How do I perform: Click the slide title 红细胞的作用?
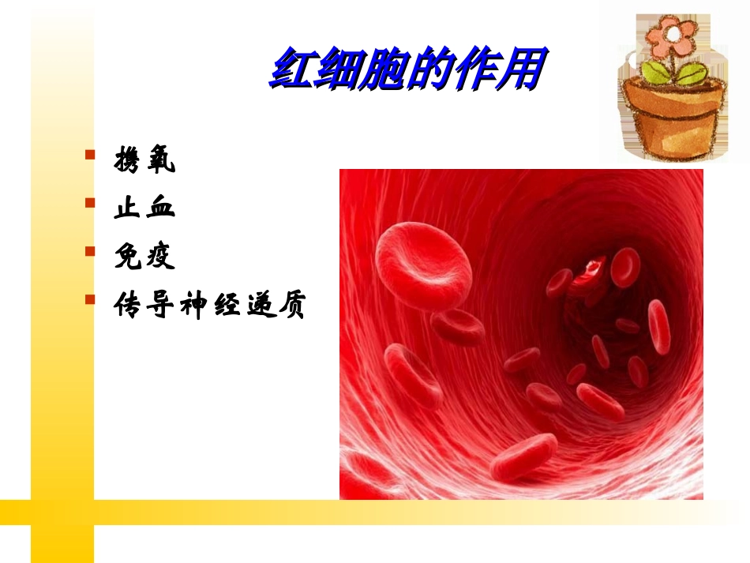point(407,70)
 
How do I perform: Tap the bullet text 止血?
point(144,208)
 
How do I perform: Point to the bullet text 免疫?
point(144,257)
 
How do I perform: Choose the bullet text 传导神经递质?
point(209,306)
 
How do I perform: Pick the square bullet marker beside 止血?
point(90,202)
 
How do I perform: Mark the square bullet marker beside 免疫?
point(90,250)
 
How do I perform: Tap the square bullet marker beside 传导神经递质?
point(90,298)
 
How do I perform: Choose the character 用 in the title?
point(522,70)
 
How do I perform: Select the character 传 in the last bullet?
point(129,306)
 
